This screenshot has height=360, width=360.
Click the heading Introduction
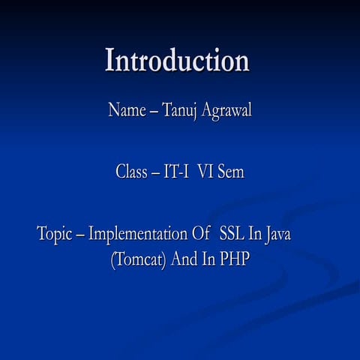click(177, 61)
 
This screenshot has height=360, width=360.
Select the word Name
click(126, 111)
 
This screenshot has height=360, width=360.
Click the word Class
click(131, 172)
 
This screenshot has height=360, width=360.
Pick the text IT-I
click(176, 172)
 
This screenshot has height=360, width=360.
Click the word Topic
click(56, 234)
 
